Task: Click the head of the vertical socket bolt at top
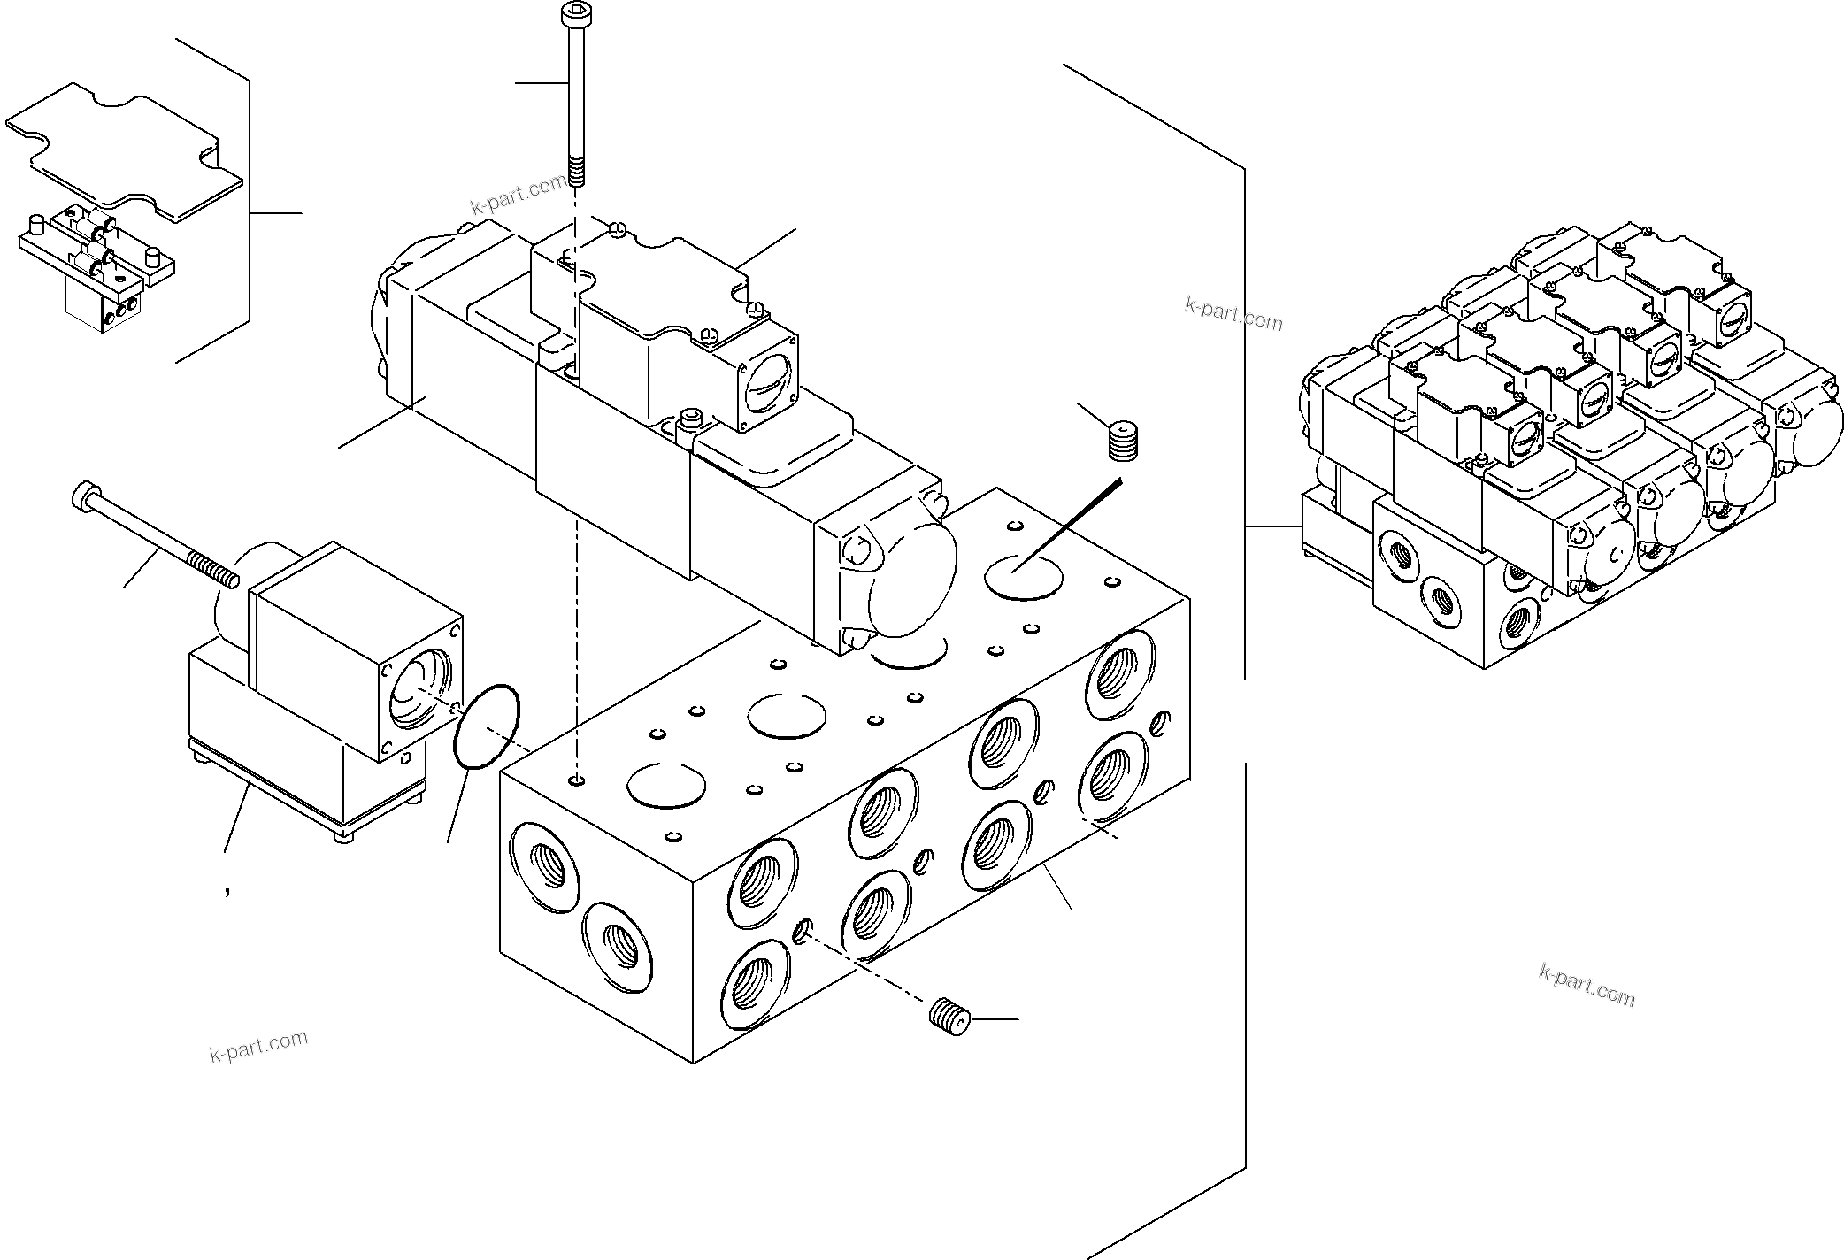click(571, 13)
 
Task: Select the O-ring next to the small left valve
click(486, 726)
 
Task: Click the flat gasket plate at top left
click(124, 150)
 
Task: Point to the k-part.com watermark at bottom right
click(1587, 985)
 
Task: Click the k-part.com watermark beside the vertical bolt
click(519, 194)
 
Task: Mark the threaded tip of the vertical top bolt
click(576, 172)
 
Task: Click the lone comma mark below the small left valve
click(227, 892)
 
